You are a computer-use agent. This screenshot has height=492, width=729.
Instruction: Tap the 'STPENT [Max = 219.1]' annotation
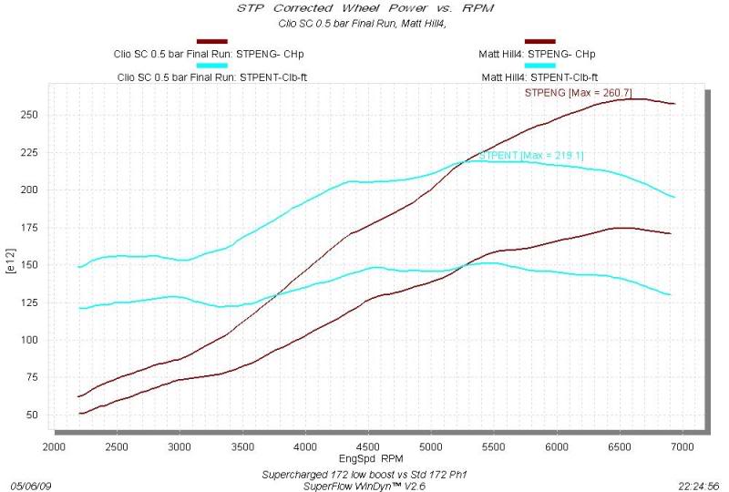[531, 156]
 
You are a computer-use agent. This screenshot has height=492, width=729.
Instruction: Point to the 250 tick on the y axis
[35, 115]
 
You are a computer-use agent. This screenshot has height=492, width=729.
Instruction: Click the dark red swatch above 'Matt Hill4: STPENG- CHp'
[539, 42]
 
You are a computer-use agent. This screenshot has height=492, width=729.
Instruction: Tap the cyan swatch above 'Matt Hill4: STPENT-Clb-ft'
[539, 66]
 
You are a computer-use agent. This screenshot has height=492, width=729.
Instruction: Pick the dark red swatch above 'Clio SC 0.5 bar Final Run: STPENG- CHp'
[211, 42]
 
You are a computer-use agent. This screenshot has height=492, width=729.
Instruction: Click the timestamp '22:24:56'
[699, 486]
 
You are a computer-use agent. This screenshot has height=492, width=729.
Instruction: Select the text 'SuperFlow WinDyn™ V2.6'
[363, 485]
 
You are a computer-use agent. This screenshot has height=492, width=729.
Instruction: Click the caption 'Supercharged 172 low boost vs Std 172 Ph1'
[363, 473]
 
